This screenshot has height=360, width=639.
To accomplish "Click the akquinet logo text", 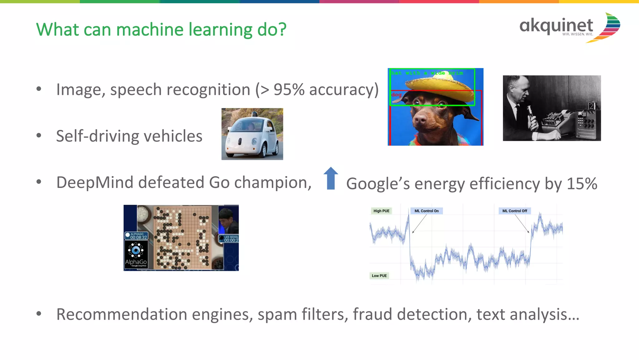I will [556, 26].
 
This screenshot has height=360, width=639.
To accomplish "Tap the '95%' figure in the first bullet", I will [289, 90].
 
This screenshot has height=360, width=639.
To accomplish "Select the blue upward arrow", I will [331, 178].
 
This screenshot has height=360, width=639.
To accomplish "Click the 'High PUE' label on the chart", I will [381, 211].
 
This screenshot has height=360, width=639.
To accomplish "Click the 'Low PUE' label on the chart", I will [379, 276].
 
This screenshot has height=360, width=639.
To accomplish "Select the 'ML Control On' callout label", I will [426, 211].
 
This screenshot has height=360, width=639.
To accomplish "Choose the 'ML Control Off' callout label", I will [515, 211].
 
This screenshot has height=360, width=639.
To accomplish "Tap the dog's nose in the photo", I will [420, 119].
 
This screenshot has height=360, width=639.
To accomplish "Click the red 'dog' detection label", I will [396, 95].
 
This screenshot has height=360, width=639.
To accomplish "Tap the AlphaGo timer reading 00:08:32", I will [138, 237].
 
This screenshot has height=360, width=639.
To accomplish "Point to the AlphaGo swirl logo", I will [136, 250].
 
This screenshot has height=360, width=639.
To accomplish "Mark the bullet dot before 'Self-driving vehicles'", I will [39, 136].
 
